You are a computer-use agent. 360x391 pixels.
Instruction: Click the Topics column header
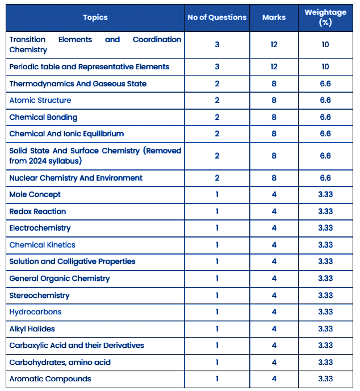[95, 17]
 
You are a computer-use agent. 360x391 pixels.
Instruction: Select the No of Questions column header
[217, 17]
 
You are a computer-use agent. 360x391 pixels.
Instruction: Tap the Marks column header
[274, 17]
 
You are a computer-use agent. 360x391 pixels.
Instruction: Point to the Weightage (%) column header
[325, 17]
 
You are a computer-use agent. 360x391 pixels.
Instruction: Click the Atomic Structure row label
[40, 100]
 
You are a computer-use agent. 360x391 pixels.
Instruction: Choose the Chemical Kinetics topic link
[42, 245]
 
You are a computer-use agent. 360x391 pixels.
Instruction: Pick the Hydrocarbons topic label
[35, 312]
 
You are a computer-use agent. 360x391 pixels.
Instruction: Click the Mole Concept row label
[35, 194]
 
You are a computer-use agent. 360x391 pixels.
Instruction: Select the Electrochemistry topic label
[40, 228]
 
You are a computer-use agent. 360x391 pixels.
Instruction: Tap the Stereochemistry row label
[39, 296]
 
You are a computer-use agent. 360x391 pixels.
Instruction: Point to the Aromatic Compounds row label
[50, 378]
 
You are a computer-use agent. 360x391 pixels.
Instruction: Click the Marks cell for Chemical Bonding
[274, 117]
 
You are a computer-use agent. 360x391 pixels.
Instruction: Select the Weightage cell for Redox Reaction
[325, 211]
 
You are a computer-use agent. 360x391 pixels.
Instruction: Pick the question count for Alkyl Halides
[217, 328]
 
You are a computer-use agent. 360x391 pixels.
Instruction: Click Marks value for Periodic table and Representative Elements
[274, 66]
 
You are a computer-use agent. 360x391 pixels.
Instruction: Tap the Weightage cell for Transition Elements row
[325, 44]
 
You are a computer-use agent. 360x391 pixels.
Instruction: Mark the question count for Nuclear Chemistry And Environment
[217, 178]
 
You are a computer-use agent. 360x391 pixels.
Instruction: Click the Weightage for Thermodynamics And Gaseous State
[325, 84]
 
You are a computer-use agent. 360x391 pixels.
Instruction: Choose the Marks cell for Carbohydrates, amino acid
[274, 362]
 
